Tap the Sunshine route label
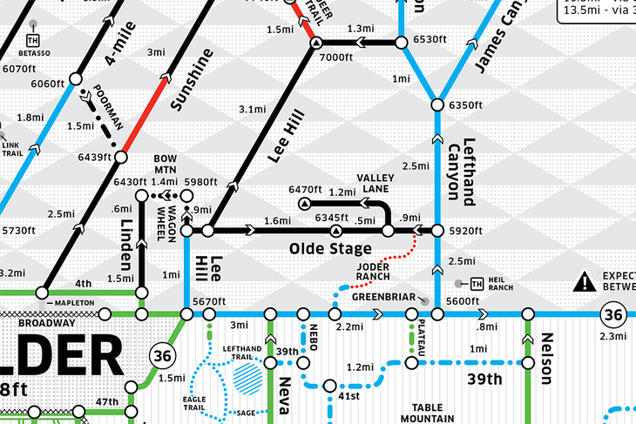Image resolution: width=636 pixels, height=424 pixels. click(192, 80)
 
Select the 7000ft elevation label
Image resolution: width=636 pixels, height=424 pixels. click(335, 57)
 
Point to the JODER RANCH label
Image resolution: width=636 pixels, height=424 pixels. click(372, 273)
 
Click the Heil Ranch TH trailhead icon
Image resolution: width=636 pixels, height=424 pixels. click(476, 284)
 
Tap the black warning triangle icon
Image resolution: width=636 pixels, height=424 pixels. click(583, 281)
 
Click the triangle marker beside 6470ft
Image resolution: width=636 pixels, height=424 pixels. click(304, 204)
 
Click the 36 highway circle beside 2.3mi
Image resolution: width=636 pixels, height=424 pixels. click(613, 313)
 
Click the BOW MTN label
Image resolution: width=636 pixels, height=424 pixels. click(166, 164)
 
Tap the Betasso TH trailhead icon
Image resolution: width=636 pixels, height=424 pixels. click(33, 41)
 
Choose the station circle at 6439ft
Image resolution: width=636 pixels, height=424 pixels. click(120, 158)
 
